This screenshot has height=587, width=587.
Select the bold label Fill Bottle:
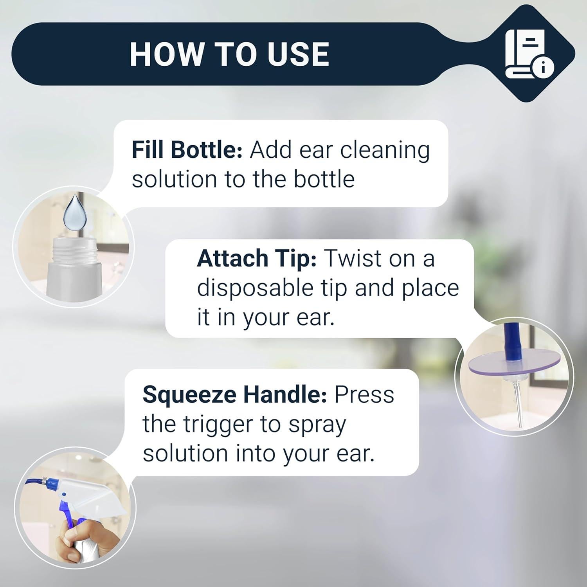pos(187,150)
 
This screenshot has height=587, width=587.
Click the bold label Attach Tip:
pos(256,259)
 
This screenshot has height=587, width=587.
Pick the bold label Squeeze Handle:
pos(234,394)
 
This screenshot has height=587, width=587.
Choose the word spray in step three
pos(317,425)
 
